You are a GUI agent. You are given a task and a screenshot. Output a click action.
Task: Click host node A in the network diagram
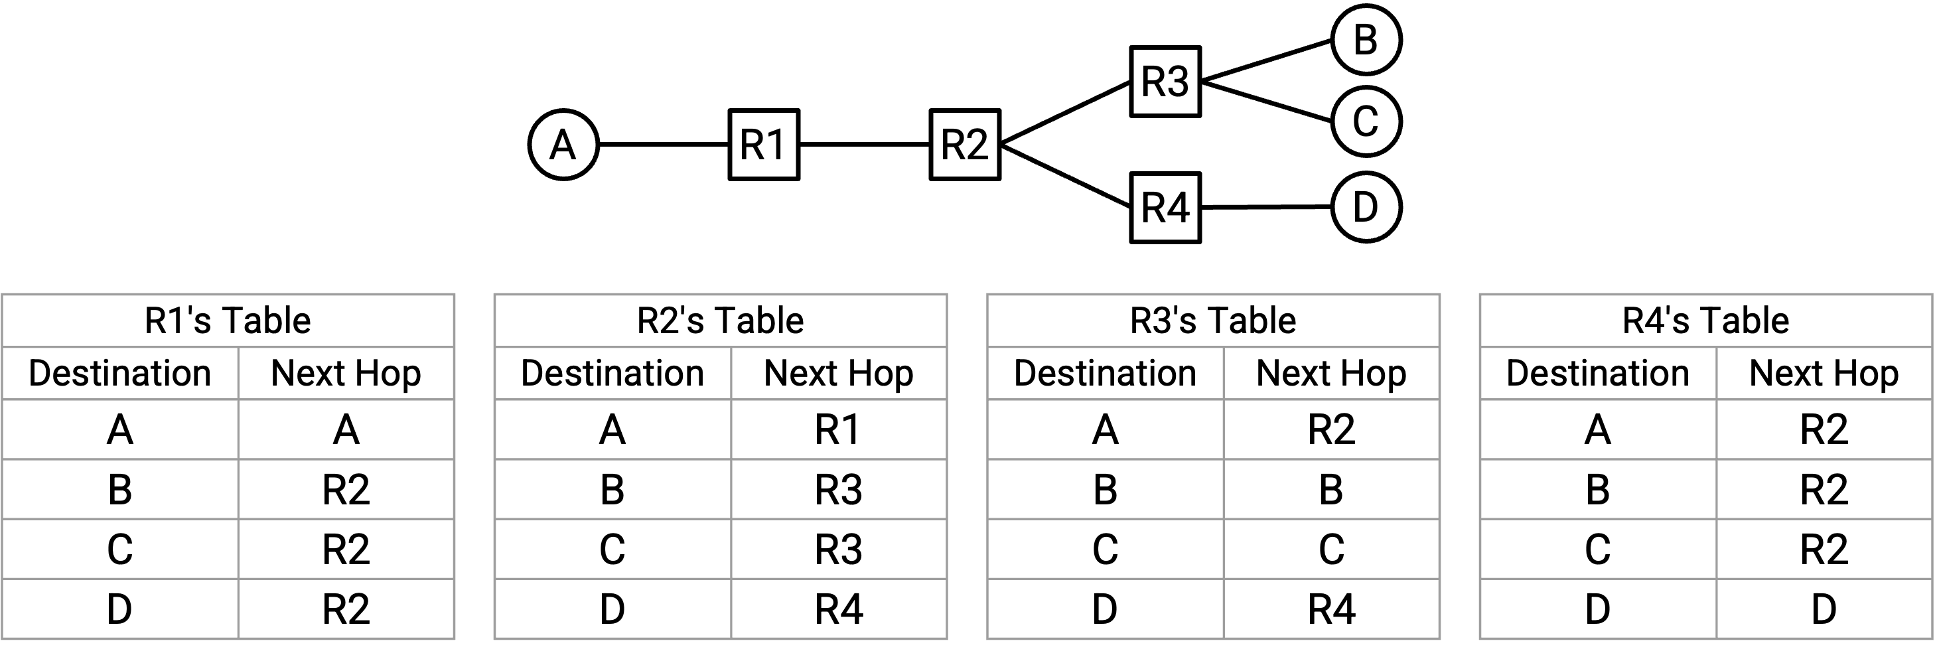563,144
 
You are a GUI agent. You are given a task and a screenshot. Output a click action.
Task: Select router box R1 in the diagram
764,144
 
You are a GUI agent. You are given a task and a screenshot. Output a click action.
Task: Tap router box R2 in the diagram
965,144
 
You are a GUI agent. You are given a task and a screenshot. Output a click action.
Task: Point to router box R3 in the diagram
1165,81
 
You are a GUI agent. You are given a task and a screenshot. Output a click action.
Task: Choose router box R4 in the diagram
1165,208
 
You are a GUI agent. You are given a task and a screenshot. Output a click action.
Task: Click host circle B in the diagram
1366,39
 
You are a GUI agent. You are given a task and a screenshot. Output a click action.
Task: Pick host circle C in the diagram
1366,121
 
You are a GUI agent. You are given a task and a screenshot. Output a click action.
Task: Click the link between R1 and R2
865,144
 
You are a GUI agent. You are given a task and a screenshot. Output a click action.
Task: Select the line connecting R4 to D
1266,206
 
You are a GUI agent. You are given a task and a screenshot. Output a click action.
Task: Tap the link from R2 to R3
1066,112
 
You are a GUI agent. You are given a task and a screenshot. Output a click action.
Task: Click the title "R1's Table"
227,321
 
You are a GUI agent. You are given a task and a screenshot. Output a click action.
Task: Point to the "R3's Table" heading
1213,321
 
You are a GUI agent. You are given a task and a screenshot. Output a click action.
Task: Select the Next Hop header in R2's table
838,374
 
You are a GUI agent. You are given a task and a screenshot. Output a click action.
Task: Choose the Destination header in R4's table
1598,374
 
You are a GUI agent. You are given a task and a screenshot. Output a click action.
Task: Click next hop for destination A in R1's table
346,430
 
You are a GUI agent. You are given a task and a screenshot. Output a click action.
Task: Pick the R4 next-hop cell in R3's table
1331,609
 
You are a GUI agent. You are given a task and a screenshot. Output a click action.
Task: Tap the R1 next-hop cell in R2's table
838,430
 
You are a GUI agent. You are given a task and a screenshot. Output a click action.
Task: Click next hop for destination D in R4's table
1824,609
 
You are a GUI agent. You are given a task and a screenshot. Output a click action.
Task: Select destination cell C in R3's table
1105,550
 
